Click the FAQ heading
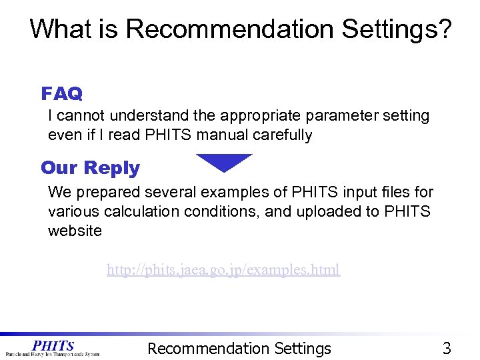[61, 93]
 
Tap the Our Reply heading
[90, 168]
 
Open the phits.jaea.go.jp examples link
[223, 270]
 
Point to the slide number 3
[447, 348]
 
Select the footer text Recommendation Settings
[239, 348]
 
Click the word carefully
[283, 135]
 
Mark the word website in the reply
[75, 231]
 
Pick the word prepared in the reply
[109, 193]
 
